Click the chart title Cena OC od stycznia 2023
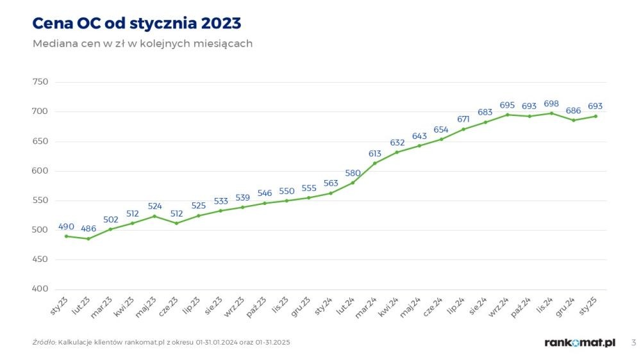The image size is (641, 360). pyautogui.click(x=137, y=24)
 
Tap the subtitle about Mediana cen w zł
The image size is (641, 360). pyautogui.click(x=142, y=44)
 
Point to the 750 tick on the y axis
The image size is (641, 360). pyautogui.click(x=40, y=82)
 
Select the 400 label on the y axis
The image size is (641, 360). pyautogui.click(x=40, y=290)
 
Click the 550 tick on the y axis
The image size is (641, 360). pyautogui.click(x=40, y=200)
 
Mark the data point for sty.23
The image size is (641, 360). pyautogui.click(x=66, y=236)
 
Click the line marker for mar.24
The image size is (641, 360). pyautogui.click(x=375, y=163)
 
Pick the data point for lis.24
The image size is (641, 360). pyautogui.click(x=551, y=113)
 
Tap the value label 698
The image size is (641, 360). pyautogui.click(x=551, y=103)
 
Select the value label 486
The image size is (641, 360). pyautogui.click(x=88, y=229)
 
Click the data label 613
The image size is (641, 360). pyautogui.click(x=375, y=153)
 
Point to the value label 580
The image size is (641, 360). pyautogui.click(x=353, y=173)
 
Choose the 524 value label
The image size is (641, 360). pyautogui.click(x=154, y=206)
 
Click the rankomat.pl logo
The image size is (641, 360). pyautogui.click(x=580, y=343)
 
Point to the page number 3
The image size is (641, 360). pyautogui.click(x=633, y=343)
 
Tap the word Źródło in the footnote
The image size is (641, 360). pyautogui.click(x=44, y=343)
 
